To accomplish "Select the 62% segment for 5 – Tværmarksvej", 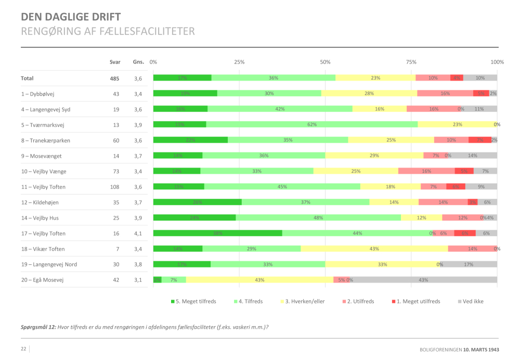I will tap(311, 124).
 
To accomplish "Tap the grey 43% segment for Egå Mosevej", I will tap(423, 280).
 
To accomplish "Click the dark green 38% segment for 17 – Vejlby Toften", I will tap(217, 233).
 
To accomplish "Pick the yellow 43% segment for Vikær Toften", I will tap(374, 249).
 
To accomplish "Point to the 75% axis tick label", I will tap(411, 62).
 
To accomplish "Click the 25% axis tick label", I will tap(239, 62).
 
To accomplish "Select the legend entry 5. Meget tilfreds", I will tap(193, 301).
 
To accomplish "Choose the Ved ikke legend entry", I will tap(470, 301).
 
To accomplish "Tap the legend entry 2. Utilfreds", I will tap(359, 301).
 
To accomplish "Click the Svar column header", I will tap(115, 62).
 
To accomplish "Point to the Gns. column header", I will tap(138, 62).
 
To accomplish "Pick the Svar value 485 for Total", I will tap(114, 78).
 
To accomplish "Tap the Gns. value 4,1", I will tap(138, 234).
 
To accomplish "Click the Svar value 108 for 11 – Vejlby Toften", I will tap(114, 187).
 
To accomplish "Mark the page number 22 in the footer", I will tap(23, 349).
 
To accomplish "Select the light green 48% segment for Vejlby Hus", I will tap(318, 217).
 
